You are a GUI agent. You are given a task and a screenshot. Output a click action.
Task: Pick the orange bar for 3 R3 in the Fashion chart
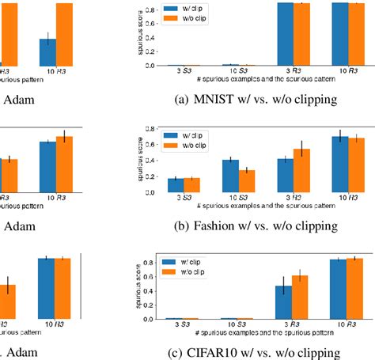coord(301,172)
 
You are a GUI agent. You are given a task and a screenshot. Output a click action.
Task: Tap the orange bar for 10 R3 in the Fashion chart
coord(358,167)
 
